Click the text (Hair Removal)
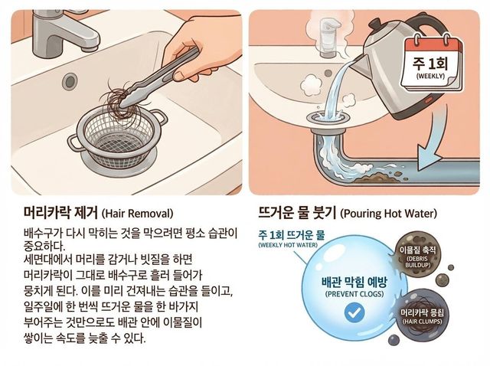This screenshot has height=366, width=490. click(x=138, y=213)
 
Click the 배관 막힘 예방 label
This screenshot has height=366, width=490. click(x=353, y=281)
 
